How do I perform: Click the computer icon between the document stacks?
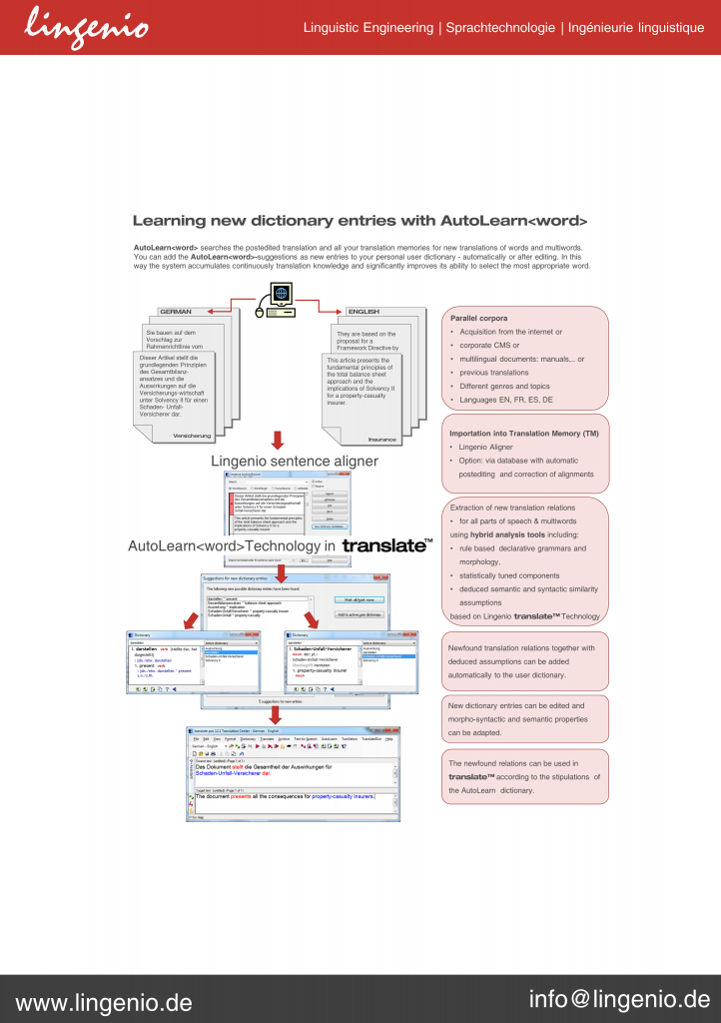tap(281, 300)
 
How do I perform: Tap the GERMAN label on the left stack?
tap(176, 312)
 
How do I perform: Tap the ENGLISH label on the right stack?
tap(362, 312)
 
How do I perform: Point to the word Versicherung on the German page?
tap(191, 436)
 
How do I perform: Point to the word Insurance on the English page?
tap(381, 440)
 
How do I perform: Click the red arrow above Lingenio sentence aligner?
tap(279, 442)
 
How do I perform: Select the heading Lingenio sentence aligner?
tap(295, 461)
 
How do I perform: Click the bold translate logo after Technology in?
tap(387, 546)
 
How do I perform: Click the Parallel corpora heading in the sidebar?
tap(479, 318)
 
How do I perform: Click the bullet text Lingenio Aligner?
tap(487, 447)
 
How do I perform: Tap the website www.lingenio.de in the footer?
tap(104, 1001)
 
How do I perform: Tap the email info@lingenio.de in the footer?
tap(619, 999)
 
